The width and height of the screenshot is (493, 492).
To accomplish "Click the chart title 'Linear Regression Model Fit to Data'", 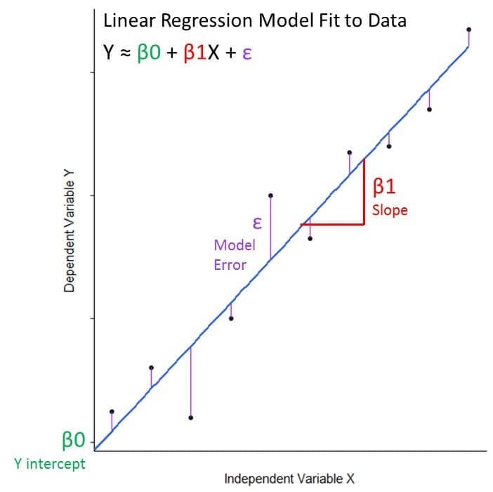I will tap(254, 20).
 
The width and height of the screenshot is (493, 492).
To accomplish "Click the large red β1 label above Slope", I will tap(386, 186).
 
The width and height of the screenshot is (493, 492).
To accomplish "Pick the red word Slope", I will tap(390, 210).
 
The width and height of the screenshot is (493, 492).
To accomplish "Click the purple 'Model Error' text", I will tap(230, 255).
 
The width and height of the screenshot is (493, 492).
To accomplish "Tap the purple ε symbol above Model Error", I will tap(257, 224).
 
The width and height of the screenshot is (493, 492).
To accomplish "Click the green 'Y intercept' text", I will tap(49, 464).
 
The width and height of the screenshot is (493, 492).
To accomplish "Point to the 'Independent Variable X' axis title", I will tap(289, 479).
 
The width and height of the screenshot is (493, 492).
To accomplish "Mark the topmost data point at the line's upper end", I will tap(468, 30).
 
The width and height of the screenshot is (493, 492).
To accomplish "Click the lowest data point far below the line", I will tap(191, 417).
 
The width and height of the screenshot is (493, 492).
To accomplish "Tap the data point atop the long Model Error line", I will tap(271, 195).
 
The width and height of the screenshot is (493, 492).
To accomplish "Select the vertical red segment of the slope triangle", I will tap(364, 192).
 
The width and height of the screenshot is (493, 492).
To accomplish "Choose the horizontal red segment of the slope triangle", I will tap(332, 224).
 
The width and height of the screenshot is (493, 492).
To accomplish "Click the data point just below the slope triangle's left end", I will tap(310, 238).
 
